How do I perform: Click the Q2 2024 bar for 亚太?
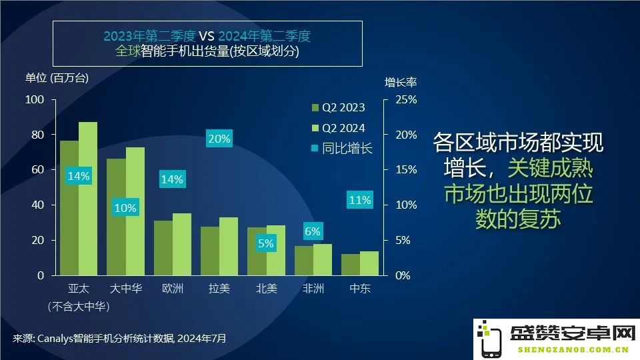88,199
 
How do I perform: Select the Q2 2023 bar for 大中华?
116,217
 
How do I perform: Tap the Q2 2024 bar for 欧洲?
182,244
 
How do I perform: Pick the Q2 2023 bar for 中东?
351,265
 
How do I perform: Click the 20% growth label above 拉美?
219,139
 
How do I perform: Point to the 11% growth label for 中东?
360,200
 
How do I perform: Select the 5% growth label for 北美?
266,243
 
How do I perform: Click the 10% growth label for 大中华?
125,208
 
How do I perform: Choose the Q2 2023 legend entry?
339,107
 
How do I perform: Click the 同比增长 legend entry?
342,148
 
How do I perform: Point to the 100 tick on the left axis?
35,99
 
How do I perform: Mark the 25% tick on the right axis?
406,99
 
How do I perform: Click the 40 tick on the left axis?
37,205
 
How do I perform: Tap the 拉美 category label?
219,289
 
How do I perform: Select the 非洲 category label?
313,289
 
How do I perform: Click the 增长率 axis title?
401,82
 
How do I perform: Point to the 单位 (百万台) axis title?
57,77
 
